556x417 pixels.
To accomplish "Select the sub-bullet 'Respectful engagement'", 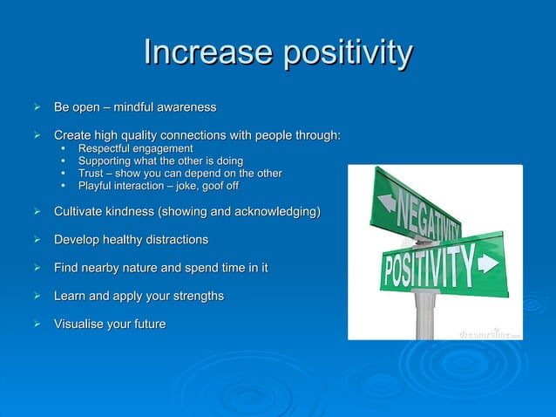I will click(135, 149).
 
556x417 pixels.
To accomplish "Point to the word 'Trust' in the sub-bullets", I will click(93, 174).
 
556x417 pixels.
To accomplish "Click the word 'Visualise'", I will click(83, 324).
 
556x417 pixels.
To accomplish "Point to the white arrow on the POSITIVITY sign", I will click(488, 262).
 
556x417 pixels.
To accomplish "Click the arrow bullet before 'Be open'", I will click(37, 107).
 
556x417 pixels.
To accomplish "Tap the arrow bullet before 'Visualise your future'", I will click(37, 324).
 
